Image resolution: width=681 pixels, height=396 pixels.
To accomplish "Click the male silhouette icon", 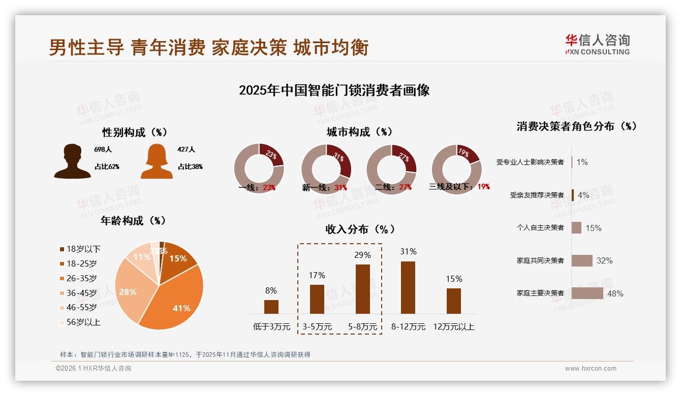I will click(72, 161).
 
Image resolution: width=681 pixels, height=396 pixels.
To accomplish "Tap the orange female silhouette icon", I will click(157, 161).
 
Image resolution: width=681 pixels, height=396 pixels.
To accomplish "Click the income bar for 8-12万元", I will click(408, 287).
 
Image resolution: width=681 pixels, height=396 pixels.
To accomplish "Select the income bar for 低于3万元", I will click(271, 307).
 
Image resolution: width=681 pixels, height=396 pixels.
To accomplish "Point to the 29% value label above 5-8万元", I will click(362, 255).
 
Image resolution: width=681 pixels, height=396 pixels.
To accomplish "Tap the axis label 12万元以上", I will click(454, 327).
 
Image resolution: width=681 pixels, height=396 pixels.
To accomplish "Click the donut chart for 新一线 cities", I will click(326, 169).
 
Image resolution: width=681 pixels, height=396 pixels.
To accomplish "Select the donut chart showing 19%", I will click(456, 169).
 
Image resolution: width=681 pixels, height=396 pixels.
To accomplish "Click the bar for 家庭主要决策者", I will click(587, 293).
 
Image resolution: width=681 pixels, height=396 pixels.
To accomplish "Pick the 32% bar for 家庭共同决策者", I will click(582, 260).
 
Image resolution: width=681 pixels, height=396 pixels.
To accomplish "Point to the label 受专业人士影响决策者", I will click(530, 162).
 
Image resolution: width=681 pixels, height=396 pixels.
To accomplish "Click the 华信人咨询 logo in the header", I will click(597, 45).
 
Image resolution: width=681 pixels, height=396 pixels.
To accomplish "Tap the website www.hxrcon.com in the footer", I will click(591, 369).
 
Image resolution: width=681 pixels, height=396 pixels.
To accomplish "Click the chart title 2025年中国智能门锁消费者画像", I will click(334, 90).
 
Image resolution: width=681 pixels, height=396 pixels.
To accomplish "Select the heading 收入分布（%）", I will click(360, 229).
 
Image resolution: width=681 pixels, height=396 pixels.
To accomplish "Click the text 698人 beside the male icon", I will click(103, 150).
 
